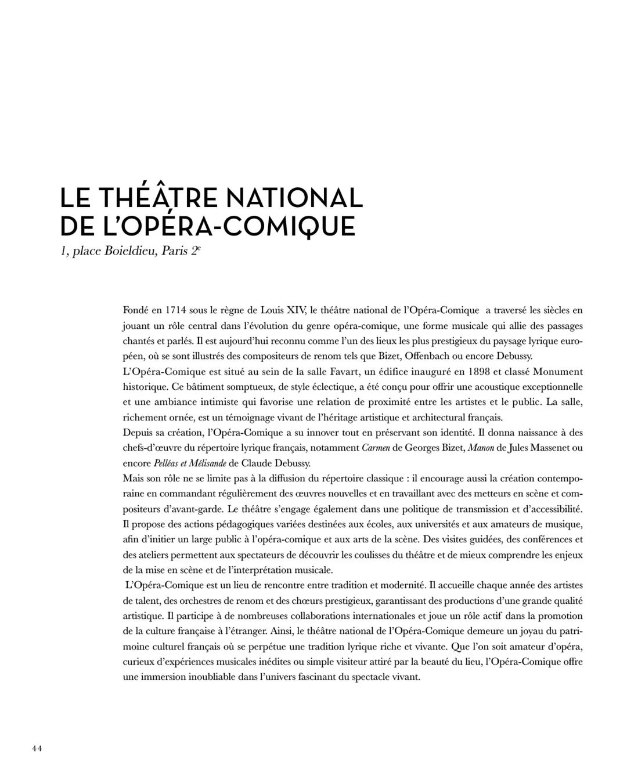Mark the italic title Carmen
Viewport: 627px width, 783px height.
(376, 448)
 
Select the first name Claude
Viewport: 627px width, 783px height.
(257, 463)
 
